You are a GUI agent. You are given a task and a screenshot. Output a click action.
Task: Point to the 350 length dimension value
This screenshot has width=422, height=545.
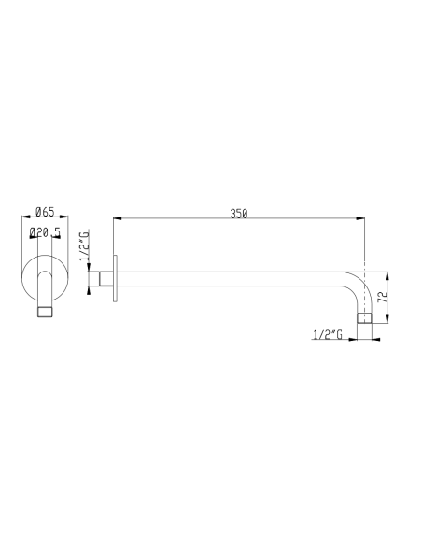click(x=238, y=213)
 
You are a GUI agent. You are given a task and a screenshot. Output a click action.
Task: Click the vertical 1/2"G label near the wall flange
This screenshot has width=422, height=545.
click(x=84, y=244)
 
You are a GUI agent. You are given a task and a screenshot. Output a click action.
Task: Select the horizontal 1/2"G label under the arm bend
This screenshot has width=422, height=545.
click(x=329, y=332)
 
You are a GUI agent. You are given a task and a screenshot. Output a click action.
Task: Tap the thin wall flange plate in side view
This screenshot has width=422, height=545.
click(x=114, y=278)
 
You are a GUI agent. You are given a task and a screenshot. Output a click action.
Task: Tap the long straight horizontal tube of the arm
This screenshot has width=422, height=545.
click(x=233, y=278)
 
